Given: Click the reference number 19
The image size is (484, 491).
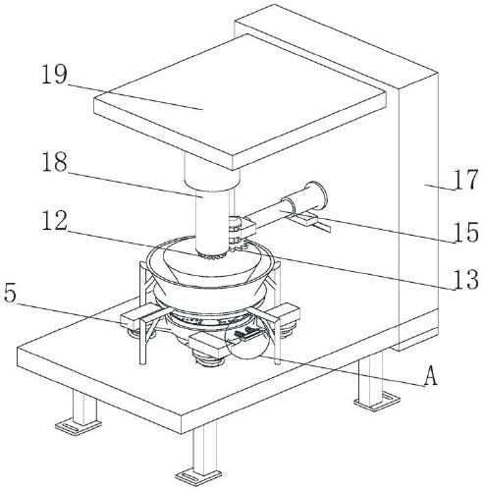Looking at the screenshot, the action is pos(54,75).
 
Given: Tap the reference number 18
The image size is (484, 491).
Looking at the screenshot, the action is pos(54,162).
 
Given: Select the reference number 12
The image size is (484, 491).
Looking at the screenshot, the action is pos(54,221).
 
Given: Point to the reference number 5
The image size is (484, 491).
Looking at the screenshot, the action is pos(10,293).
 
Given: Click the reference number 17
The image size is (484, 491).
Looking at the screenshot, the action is pos(466,180).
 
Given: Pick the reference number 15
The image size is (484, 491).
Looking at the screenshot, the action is pos(466,233).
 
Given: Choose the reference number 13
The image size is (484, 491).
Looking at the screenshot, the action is pos(466,280).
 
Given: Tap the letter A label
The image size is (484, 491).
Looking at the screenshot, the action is pos(430,376).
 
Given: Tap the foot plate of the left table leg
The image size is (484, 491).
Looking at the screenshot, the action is pos(78,425).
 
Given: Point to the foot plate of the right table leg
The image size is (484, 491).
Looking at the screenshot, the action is pos(377,400).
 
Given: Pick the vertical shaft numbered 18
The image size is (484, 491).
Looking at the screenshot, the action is pos(211,224).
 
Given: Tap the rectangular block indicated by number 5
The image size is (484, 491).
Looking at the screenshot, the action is pos(134,317).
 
